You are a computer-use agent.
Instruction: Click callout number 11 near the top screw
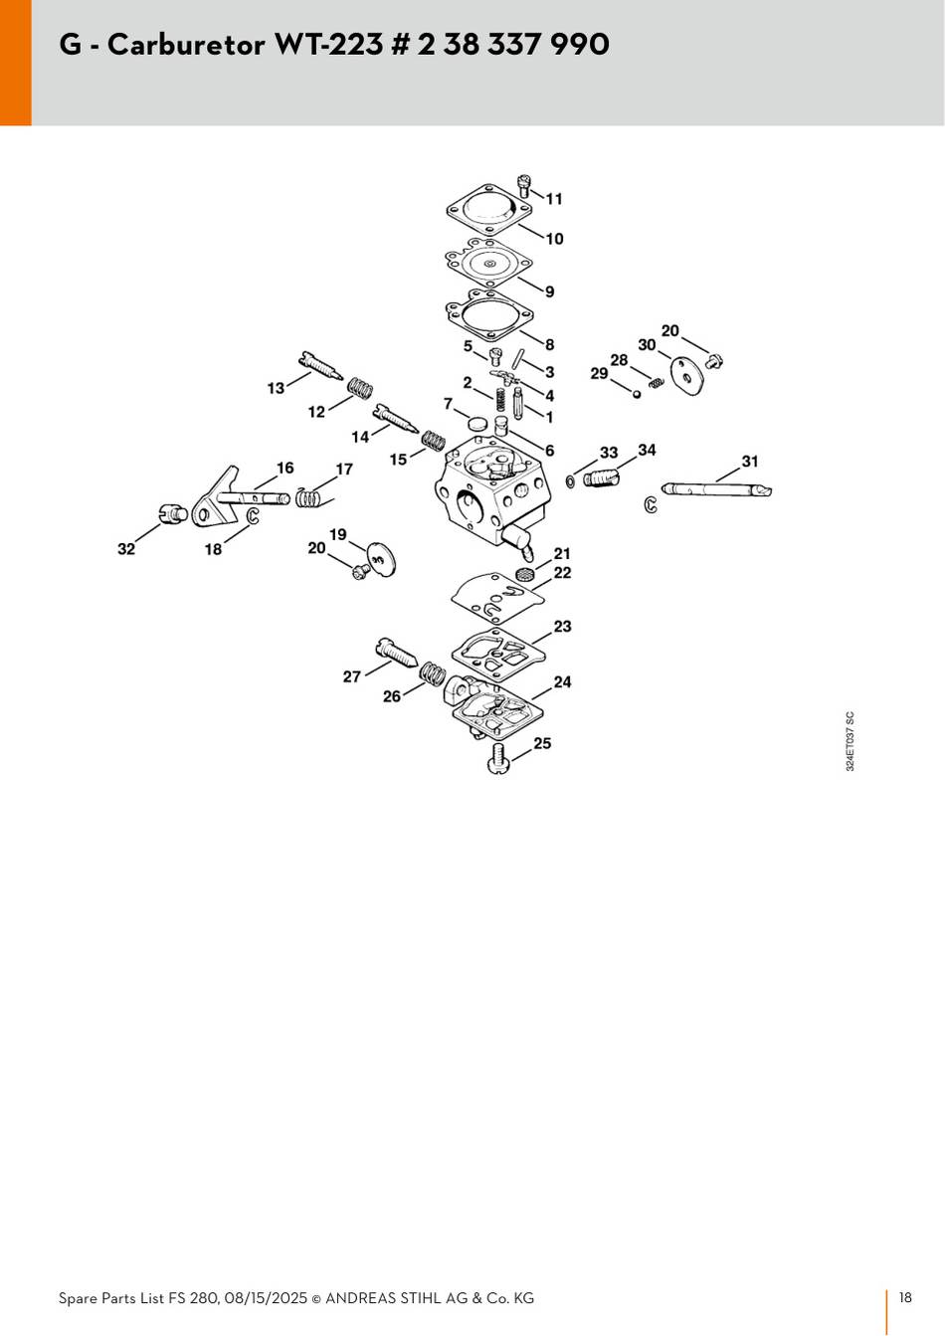[x=554, y=199]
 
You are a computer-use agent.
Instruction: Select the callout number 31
[x=749, y=461]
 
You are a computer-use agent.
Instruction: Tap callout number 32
[x=126, y=549]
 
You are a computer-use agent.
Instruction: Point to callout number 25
[x=542, y=743]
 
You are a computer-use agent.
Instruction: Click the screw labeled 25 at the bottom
[x=499, y=759]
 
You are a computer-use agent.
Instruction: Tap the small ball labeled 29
[x=637, y=394]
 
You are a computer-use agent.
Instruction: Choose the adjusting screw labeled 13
[x=320, y=366]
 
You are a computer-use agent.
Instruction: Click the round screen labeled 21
[x=525, y=576]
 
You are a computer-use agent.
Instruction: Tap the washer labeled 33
[x=571, y=480]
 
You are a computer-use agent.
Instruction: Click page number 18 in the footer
[x=905, y=1297]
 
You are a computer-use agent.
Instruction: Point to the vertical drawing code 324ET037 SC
[x=850, y=741]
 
